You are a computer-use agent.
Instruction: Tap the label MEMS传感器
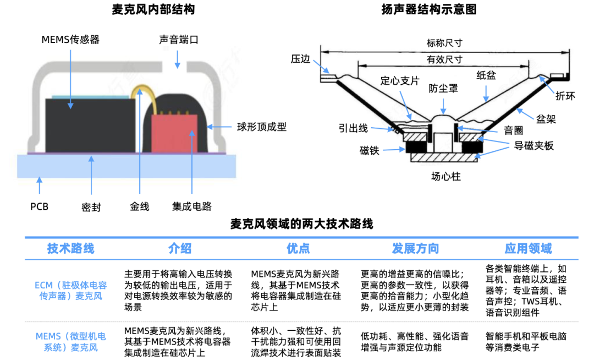pos(70,40)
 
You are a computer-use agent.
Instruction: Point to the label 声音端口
pos(178,40)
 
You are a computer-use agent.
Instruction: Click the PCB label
pos(39,207)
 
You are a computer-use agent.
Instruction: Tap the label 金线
pos(139,207)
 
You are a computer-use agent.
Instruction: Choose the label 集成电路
pos(191,207)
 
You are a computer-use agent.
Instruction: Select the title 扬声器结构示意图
pos(428,10)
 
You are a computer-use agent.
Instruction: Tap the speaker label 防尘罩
pos(443,88)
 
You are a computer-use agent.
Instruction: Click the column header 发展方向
pos(415,249)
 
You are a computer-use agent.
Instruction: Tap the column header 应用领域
pos(528,249)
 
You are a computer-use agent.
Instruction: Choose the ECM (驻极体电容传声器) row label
pos(70,291)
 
